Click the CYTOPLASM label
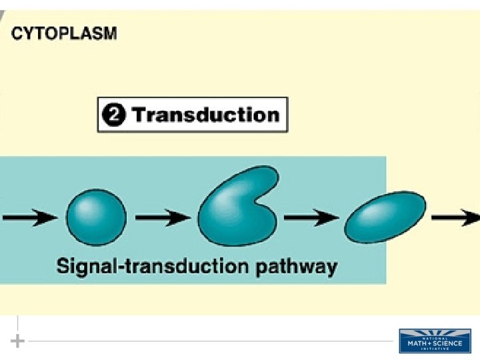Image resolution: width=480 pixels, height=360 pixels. [x=64, y=33]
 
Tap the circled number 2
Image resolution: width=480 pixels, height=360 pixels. [x=113, y=115]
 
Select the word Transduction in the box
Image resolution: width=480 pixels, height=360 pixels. [x=205, y=115]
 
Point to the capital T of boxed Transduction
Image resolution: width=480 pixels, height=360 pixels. [x=138, y=115]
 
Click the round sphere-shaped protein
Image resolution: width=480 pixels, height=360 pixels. [x=96, y=216]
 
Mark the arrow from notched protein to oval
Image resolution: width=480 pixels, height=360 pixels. [x=310, y=217]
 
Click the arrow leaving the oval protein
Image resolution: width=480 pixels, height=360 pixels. [x=456, y=217]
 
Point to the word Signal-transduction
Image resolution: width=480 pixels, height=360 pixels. [x=152, y=267]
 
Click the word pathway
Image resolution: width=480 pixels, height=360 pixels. [x=296, y=268]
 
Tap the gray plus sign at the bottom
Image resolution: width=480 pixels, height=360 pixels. [x=18, y=341]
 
